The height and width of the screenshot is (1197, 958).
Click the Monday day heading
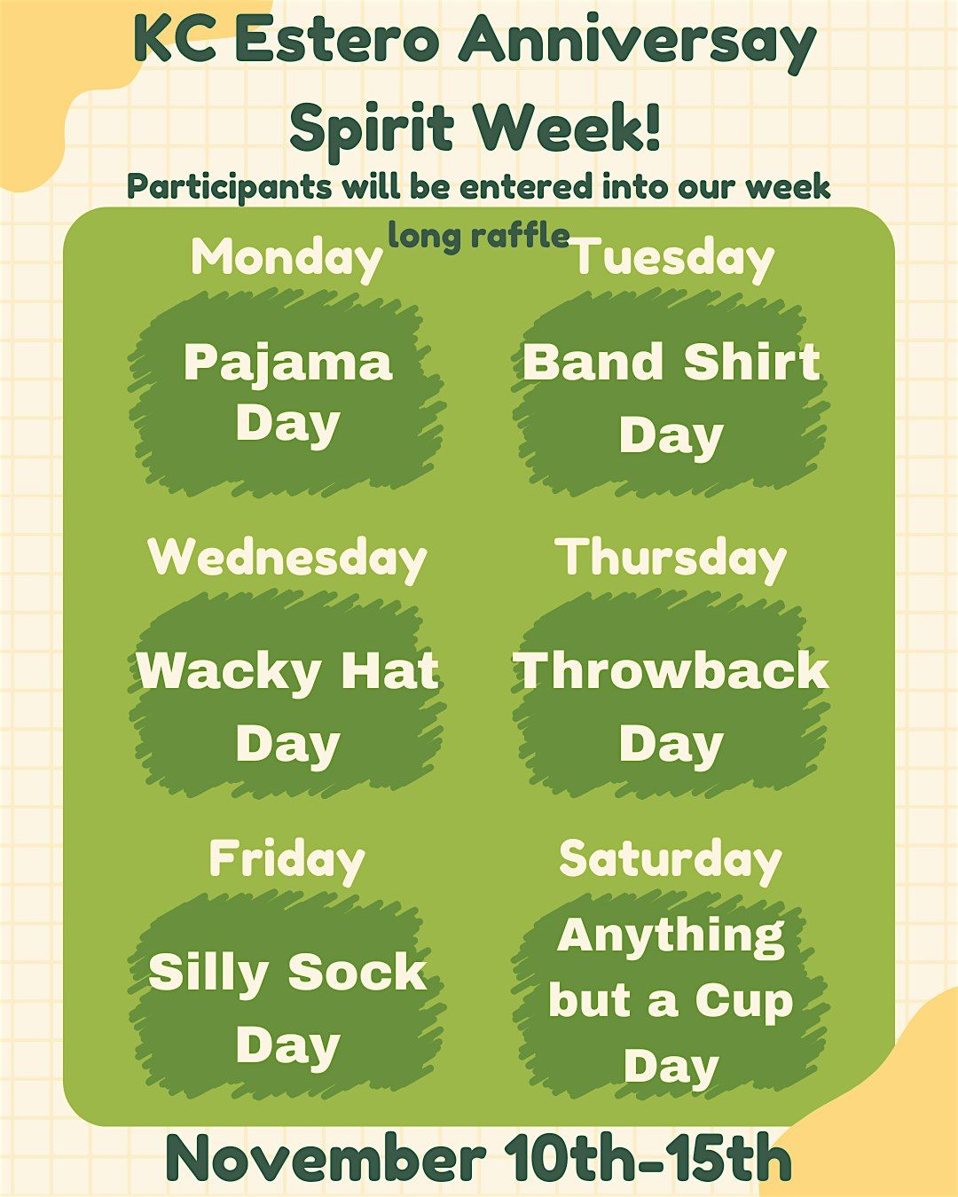(287, 258)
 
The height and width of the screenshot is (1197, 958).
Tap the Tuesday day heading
(673, 258)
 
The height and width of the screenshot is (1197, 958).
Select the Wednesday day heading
(287, 558)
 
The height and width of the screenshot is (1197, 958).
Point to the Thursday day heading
(671, 559)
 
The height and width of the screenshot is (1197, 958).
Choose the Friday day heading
(287, 859)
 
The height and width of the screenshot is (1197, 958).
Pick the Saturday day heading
(671, 859)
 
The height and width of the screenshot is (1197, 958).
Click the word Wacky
(228, 672)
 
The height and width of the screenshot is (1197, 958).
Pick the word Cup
(743, 1002)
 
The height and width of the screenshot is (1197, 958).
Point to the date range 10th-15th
(648, 1158)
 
